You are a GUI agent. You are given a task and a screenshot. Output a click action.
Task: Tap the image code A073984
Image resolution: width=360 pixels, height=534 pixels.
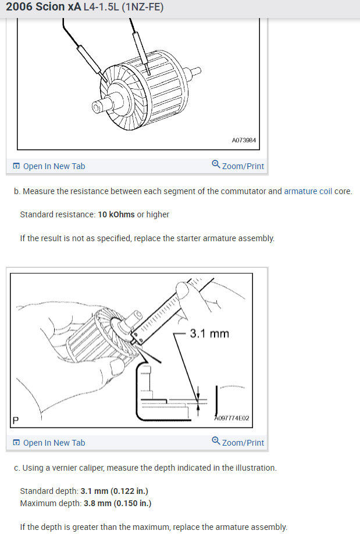point(244,140)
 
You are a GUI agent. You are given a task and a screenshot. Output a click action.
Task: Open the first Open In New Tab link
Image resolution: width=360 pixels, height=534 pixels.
point(54,166)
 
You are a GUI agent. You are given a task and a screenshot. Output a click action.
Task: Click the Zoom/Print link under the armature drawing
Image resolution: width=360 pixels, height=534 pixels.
point(243,166)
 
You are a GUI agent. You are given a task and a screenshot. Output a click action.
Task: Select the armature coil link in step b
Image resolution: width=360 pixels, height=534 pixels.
point(308,191)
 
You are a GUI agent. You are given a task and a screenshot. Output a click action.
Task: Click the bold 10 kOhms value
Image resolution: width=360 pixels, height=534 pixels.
point(116,214)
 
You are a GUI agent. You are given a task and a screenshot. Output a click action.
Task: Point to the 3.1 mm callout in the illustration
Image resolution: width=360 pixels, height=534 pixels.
point(209,334)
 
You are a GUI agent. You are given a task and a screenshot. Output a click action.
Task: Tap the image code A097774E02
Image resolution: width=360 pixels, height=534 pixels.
point(232,418)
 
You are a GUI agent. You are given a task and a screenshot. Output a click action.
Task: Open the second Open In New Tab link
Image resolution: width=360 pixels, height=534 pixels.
point(54,443)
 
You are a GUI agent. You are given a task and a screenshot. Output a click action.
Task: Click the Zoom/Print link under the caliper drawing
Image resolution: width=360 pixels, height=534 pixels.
point(243,443)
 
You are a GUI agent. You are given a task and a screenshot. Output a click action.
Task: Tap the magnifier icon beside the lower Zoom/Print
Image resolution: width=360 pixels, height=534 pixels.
point(216,442)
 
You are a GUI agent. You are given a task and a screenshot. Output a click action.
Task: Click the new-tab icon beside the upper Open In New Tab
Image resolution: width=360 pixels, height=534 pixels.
point(16,166)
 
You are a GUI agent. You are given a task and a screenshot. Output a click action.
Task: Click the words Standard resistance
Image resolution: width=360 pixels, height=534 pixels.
point(57,214)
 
